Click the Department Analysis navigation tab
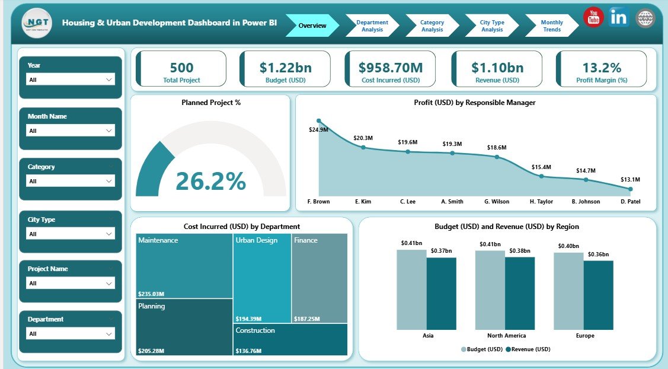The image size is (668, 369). pos(372,26)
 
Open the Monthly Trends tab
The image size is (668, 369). pos(551,26)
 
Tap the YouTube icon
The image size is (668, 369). pos(593,18)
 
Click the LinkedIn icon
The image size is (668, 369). pos(619,18)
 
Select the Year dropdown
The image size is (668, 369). pos(71,79)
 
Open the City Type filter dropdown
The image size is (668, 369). pos(71,234)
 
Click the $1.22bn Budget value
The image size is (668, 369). pos(285,68)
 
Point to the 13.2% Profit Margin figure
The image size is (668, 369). pos(601,68)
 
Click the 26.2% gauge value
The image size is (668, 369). pos(210,181)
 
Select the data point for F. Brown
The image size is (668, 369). pos(319,121)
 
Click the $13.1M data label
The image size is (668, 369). pos(629,179)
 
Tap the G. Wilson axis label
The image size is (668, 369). pos(496,202)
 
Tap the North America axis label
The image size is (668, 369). pos(505,335)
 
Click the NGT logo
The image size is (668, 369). pos(37,23)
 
